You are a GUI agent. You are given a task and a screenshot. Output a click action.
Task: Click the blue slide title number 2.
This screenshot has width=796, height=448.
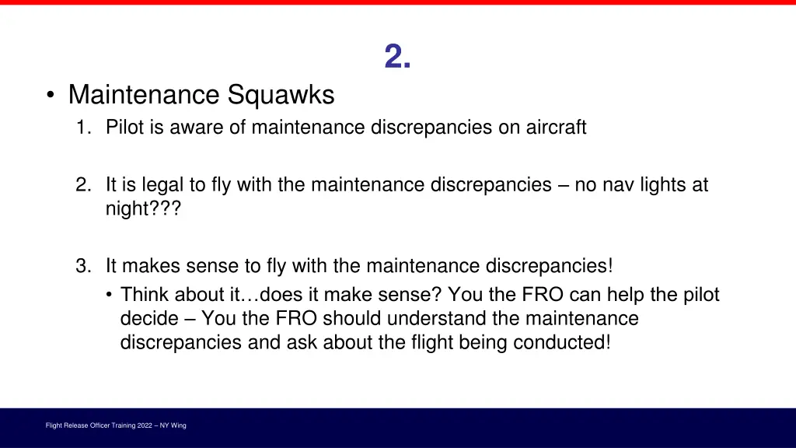[397, 57]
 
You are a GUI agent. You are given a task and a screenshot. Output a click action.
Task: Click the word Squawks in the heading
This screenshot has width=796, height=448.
[281, 95]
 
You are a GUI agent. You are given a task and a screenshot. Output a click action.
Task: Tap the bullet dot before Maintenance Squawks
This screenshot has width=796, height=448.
[50, 96]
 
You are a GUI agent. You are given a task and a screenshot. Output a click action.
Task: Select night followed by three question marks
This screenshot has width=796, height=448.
[142, 208]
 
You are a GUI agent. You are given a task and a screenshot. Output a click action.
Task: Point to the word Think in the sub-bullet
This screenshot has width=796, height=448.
[146, 296]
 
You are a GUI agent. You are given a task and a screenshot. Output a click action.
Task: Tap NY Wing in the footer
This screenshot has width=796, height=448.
[173, 425]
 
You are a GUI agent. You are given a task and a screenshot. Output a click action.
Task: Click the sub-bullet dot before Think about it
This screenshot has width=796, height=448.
[110, 296]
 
